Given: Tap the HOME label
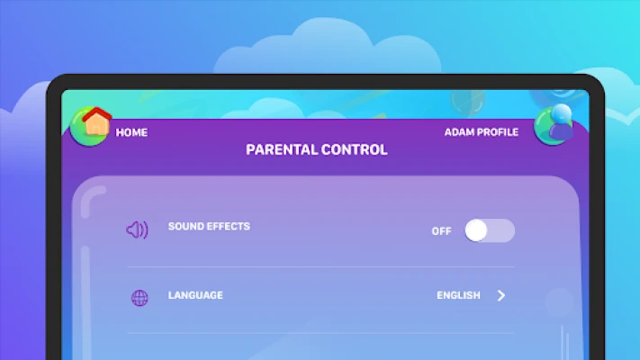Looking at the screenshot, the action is pyautogui.click(x=131, y=132).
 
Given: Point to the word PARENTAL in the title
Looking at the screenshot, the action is pyautogui.click(x=282, y=149).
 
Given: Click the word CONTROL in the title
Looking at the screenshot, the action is pyautogui.click(x=355, y=149).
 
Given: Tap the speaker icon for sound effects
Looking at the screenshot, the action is pyautogui.click(x=137, y=229).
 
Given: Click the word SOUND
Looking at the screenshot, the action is pyautogui.click(x=185, y=227).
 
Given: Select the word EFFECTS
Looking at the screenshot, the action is pyautogui.click(x=229, y=227).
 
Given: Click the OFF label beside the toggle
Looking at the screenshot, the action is pyautogui.click(x=442, y=231).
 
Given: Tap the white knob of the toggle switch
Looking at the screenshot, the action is pyautogui.click(x=476, y=230).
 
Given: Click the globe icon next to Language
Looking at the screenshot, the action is pyautogui.click(x=140, y=298).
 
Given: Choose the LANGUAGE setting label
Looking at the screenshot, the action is pyautogui.click(x=195, y=295).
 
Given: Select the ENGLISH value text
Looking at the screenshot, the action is pyautogui.click(x=458, y=295).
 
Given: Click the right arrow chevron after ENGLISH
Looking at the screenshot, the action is pyautogui.click(x=501, y=295).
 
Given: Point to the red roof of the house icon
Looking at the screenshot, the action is pyautogui.click(x=96, y=114).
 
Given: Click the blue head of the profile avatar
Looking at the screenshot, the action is pyautogui.click(x=561, y=113).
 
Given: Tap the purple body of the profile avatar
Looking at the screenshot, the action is pyautogui.click(x=561, y=131).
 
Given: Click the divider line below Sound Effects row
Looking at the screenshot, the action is pyautogui.click(x=320, y=267).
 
